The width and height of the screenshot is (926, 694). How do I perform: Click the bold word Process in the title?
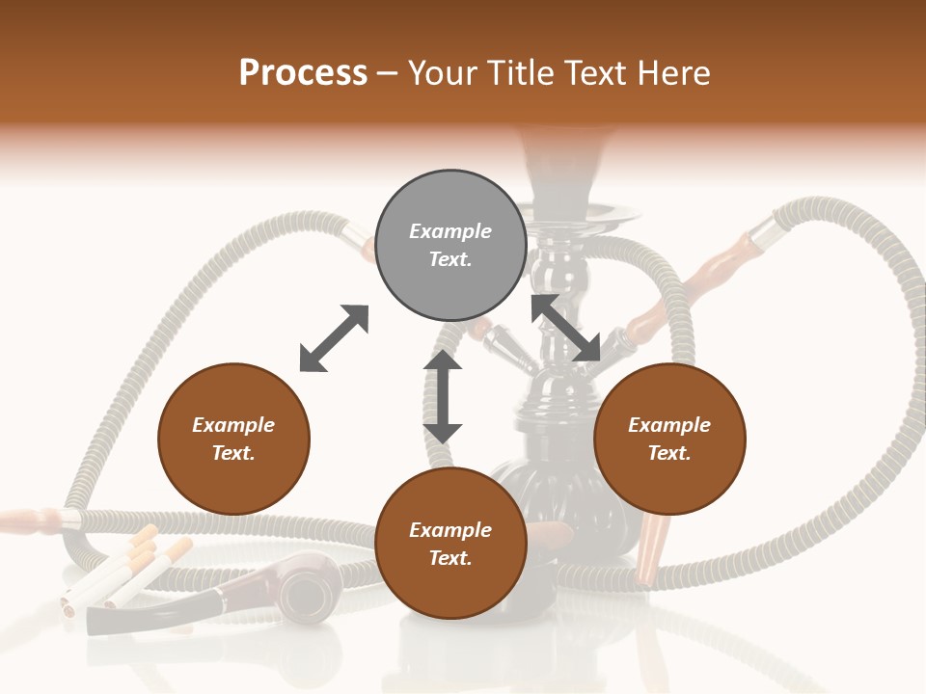(303, 73)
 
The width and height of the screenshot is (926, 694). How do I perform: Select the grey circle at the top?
(450, 246)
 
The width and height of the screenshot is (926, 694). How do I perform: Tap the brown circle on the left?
(233, 440)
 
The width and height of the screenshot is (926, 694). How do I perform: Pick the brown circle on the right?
(669, 440)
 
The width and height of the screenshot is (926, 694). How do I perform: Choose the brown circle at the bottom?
(450, 545)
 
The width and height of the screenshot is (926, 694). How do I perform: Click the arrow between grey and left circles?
(334, 338)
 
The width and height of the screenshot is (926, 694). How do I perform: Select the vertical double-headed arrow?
(443, 396)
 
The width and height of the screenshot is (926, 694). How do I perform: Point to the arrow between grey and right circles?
(566, 329)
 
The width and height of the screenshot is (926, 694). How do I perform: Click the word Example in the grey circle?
(450, 231)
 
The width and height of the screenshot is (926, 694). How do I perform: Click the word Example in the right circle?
(669, 425)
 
